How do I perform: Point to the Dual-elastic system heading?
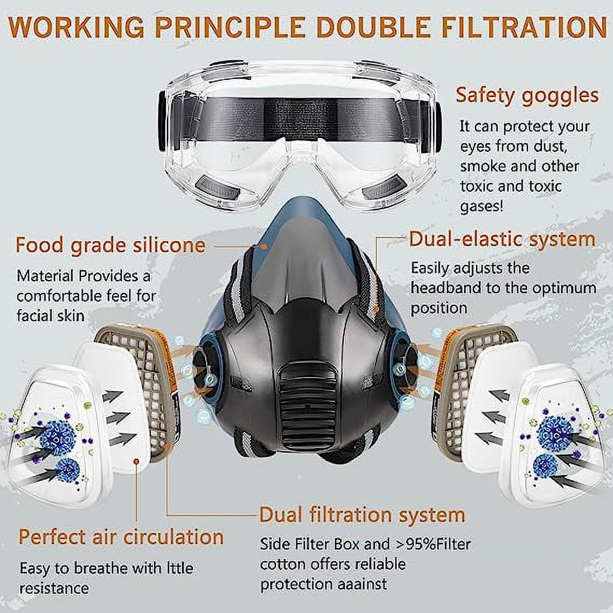503,239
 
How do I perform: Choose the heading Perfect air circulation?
121,537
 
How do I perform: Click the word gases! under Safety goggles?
482,206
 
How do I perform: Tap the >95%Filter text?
433,544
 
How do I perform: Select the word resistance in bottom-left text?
54,588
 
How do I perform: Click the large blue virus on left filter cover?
57,437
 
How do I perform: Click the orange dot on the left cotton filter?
136,462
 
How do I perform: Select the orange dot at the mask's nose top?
264,247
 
